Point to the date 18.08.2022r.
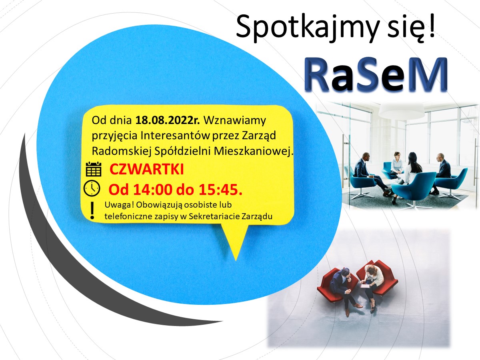coord(168,120)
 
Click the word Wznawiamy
coord(235,121)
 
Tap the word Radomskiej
coord(122,151)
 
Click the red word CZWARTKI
coord(146,169)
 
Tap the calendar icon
coord(94,169)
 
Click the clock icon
coord(92,188)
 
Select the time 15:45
coord(220,189)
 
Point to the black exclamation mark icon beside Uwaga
coord(92,210)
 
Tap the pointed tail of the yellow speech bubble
coord(236,260)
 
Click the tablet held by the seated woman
coord(364,286)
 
